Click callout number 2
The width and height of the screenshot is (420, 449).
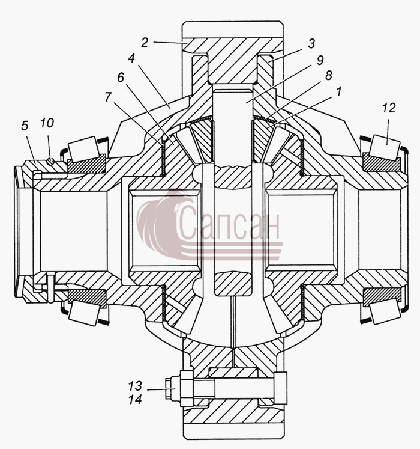(x=145, y=43)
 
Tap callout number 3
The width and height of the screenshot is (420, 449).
(x=311, y=43)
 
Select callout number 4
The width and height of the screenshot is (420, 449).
(x=131, y=58)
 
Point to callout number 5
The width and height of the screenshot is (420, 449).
(x=25, y=126)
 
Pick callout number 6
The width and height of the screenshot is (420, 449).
(x=121, y=77)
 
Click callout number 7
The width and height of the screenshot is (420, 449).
(x=107, y=97)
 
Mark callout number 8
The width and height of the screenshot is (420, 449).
(x=329, y=76)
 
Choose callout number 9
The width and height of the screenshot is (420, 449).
(x=320, y=61)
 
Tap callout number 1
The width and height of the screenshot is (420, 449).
(x=338, y=92)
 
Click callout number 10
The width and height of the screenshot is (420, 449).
(x=47, y=123)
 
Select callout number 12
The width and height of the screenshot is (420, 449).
(x=389, y=108)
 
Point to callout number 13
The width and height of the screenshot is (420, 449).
(x=135, y=386)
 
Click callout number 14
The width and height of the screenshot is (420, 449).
(x=135, y=399)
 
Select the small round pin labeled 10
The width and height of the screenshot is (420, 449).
(x=50, y=162)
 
